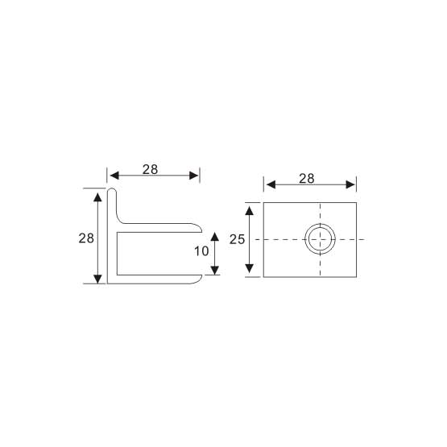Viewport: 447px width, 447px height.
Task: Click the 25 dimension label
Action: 237,239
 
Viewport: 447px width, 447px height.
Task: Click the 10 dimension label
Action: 201,251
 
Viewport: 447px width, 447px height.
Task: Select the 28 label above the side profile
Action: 150,170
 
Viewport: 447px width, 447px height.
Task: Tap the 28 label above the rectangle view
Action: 307,179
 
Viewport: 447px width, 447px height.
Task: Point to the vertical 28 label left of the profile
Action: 86,238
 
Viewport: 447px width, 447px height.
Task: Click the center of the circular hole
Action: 320,239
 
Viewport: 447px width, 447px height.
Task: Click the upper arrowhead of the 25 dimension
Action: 250,211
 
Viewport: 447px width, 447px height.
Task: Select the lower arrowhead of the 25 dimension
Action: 250,268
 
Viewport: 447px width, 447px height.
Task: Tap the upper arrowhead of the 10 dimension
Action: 215,237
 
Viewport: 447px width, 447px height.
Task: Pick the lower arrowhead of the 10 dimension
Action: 215,271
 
